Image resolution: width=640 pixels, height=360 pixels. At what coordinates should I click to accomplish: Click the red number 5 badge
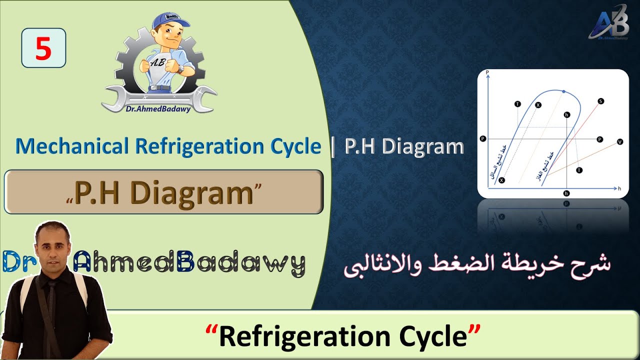tap(43, 48)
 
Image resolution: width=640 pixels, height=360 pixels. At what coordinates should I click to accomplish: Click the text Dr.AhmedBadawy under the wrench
tap(158, 109)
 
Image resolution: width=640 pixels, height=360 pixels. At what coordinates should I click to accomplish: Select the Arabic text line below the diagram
tap(477, 265)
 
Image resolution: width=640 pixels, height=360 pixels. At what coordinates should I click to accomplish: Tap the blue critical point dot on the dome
tap(563, 92)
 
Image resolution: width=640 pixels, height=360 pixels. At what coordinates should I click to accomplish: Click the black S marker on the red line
tap(600, 101)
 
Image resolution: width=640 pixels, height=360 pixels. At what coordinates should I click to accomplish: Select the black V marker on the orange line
tap(620, 142)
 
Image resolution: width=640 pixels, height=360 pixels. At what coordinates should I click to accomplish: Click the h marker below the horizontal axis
tap(566, 193)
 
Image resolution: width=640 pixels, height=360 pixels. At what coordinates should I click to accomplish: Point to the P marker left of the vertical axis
tap(482, 138)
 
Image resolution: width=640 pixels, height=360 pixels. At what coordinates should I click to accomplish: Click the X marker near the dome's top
tap(538, 105)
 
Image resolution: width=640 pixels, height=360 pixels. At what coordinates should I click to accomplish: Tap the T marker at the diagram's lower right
tap(579, 170)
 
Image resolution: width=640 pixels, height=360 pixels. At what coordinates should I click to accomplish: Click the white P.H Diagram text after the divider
tap(404, 146)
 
